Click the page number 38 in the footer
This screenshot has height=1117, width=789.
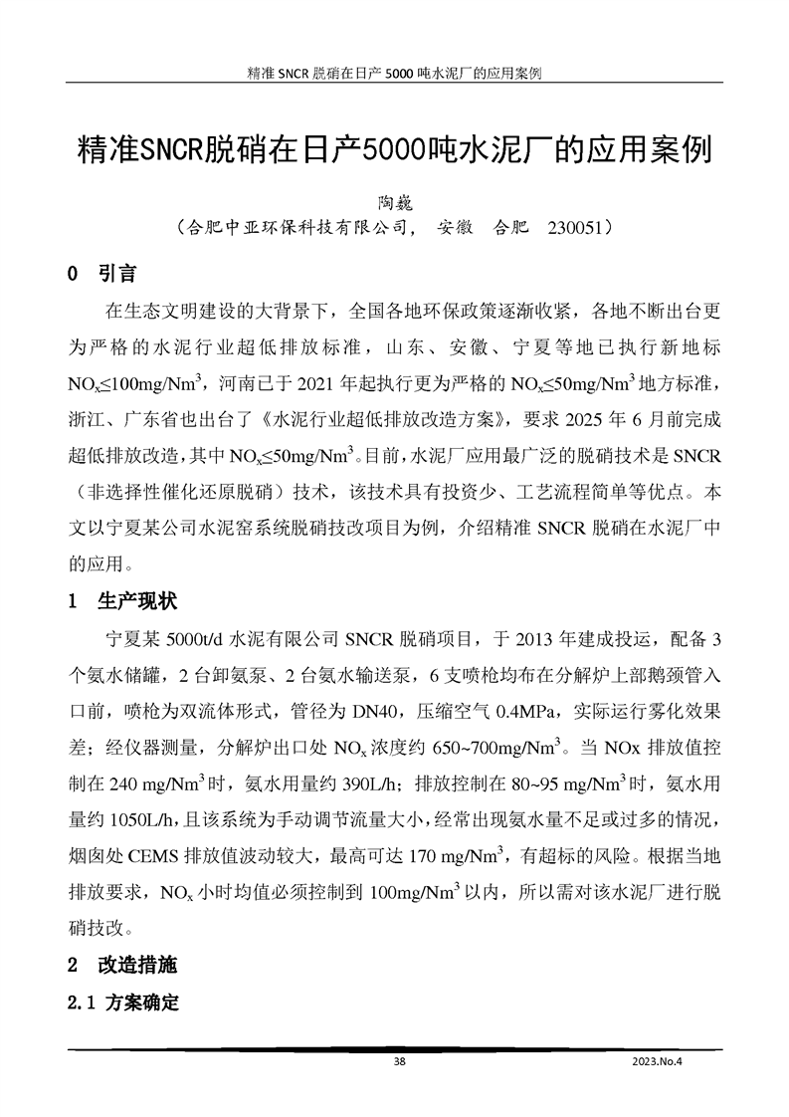[x=400, y=1062]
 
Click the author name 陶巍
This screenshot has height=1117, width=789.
[x=395, y=201]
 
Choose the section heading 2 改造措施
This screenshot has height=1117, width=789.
[x=121, y=966]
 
